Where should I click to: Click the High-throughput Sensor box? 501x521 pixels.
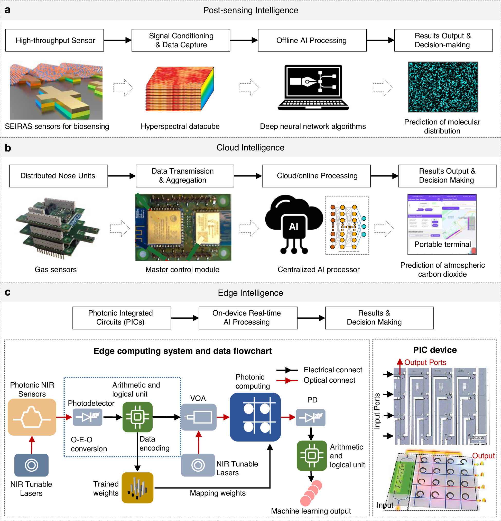(54, 40)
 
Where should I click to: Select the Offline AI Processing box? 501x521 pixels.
(312, 40)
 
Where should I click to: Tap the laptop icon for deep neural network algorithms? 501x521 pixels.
(313, 88)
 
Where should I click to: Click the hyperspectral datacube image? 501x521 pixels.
(180, 89)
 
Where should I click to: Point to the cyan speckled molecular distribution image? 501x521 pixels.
(443, 87)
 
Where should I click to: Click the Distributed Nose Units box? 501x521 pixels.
(58, 176)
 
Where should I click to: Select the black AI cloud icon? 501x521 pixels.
(293, 223)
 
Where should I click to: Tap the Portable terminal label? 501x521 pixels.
(442, 244)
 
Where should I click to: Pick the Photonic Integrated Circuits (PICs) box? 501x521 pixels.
(122, 318)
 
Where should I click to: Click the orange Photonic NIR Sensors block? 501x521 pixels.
(32, 417)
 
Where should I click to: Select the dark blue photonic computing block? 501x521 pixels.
(255, 417)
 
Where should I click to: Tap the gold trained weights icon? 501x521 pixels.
(137, 488)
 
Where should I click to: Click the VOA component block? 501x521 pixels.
(198, 417)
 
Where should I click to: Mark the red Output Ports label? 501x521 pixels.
(425, 362)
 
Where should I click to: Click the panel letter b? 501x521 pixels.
(8, 148)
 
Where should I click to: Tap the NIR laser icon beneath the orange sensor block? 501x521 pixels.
(31, 465)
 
